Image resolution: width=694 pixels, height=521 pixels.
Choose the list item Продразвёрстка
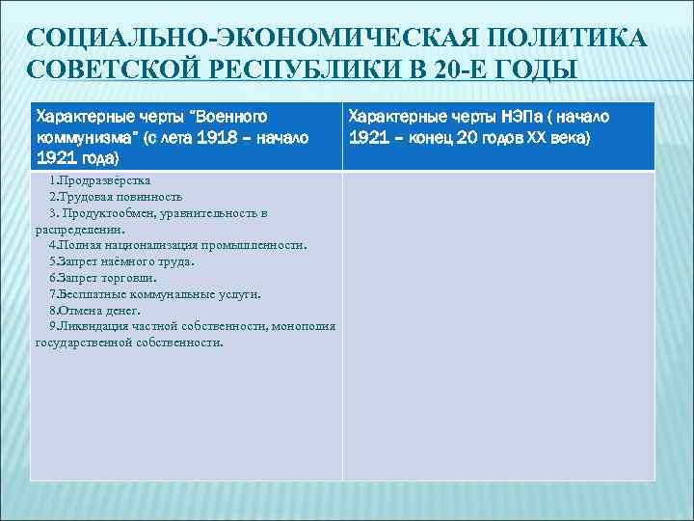pyautogui.click(x=99, y=180)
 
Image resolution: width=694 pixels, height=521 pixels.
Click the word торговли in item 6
pyautogui.click(x=128, y=278)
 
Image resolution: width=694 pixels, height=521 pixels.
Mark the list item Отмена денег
pyautogui.click(x=94, y=311)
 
